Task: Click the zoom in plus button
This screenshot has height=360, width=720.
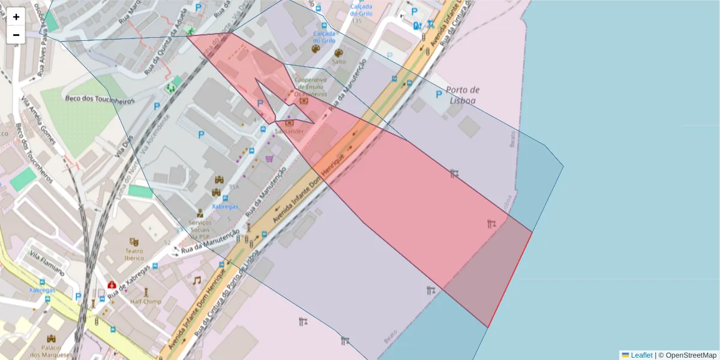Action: (x=16, y=17)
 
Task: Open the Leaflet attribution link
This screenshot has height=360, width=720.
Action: (x=641, y=355)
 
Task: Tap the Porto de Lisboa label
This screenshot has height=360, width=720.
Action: (x=463, y=95)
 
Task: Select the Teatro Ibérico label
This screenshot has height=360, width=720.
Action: (x=134, y=254)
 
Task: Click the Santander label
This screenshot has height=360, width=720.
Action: (x=286, y=130)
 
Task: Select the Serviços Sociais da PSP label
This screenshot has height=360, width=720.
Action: (x=199, y=230)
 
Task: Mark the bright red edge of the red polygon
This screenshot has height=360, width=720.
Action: (x=510, y=280)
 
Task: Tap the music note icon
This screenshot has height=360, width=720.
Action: (x=196, y=280)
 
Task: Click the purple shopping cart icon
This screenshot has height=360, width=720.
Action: (x=269, y=159)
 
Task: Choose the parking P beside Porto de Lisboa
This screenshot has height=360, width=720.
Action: (x=439, y=95)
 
